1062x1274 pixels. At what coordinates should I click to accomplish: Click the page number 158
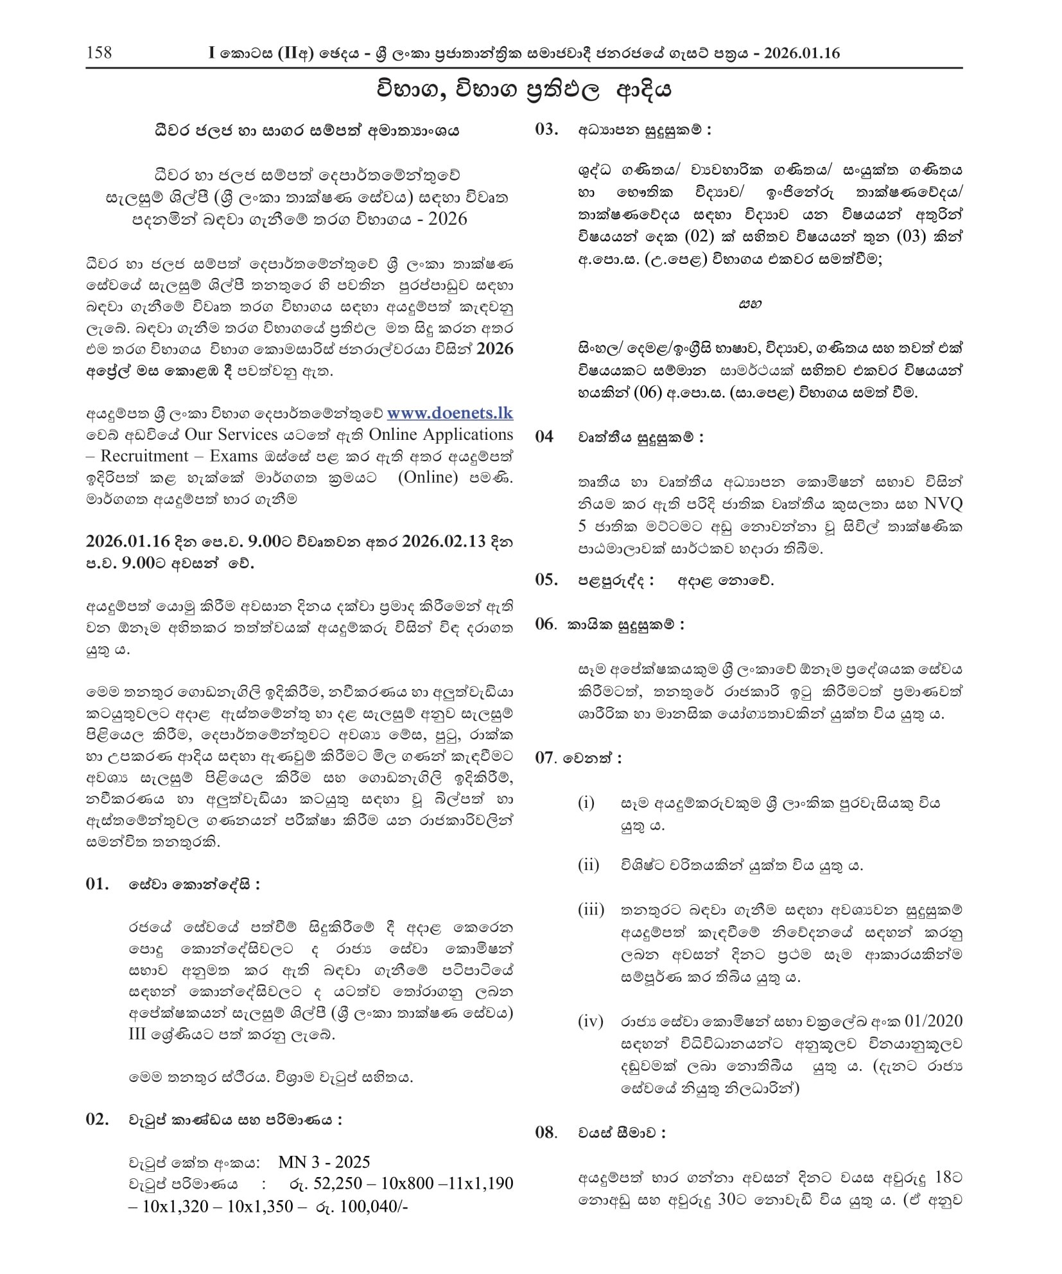click(x=99, y=52)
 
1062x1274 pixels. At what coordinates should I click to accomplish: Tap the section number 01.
click(x=98, y=884)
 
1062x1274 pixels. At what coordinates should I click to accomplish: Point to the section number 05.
click(x=546, y=580)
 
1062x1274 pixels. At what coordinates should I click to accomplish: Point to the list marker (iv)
click(x=591, y=1021)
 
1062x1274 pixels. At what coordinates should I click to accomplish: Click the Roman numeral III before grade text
click(x=138, y=1035)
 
